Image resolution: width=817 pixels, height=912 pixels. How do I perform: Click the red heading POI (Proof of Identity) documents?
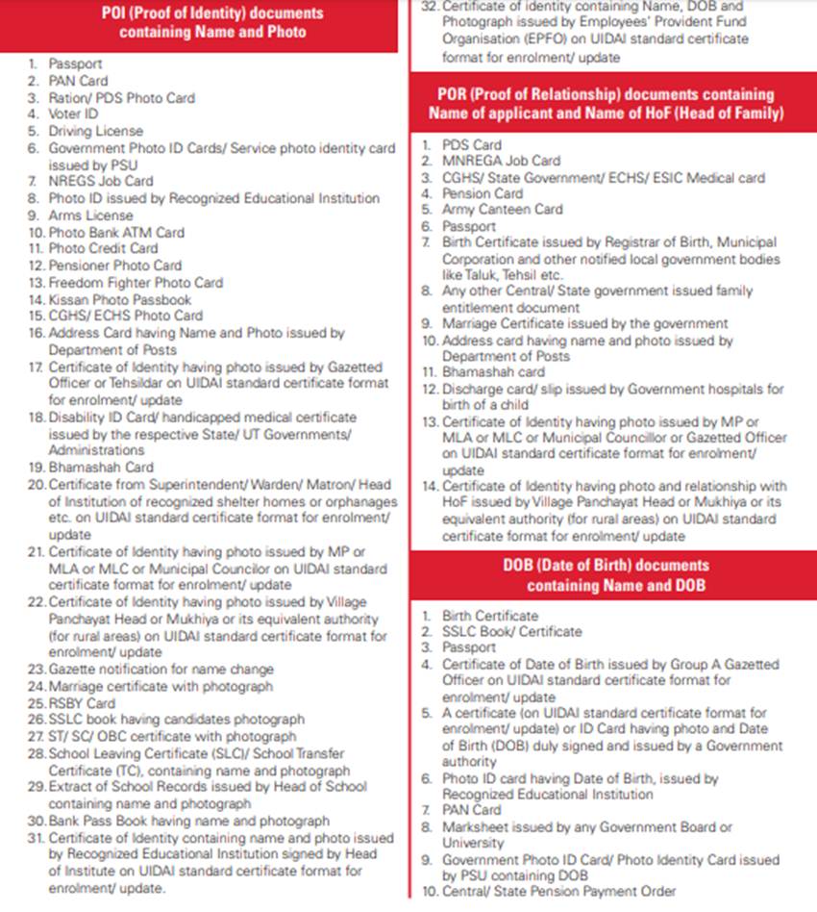point(212,23)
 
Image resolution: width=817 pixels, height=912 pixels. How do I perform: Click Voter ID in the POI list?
point(73,114)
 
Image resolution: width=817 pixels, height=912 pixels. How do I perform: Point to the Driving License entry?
point(95,131)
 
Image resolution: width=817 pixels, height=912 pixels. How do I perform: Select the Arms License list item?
point(90,215)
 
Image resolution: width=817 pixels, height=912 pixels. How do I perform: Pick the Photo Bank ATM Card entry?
point(116,232)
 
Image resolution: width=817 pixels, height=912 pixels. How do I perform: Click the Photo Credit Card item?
point(104,248)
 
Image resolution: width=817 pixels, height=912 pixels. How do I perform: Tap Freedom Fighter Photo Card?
point(136,282)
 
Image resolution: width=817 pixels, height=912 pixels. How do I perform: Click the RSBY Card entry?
point(82,703)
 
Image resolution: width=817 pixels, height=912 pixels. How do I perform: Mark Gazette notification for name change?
point(161,670)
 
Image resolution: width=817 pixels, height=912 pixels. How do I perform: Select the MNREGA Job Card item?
point(501,161)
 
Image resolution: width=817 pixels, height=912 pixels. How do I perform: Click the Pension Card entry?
point(483,193)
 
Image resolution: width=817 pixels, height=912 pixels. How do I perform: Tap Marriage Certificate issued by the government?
point(584,323)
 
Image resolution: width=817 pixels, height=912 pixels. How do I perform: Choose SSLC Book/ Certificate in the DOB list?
point(511,632)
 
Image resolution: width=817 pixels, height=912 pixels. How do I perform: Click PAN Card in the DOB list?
point(471,810)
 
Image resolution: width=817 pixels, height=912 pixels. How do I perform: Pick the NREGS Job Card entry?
point(100,181)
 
